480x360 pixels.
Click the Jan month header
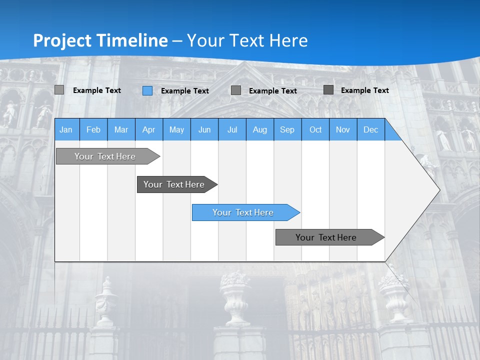point(66,130)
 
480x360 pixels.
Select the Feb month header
point(93,130)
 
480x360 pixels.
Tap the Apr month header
point(148,130)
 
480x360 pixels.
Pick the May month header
point(176,130)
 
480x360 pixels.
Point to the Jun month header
point(204,130)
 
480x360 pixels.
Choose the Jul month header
point(232,130)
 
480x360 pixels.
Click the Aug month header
point(260,130)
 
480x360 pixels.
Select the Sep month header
point(287,130)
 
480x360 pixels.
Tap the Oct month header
point(315,130)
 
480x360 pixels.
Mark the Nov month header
point(343,130)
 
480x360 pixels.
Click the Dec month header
point(370,130)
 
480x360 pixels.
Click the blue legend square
point(147,90)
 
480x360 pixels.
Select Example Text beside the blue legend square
point(185,91)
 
